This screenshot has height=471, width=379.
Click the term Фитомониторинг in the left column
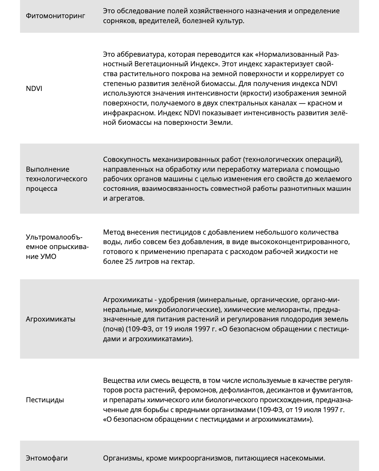55,16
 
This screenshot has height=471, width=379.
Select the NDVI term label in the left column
34,88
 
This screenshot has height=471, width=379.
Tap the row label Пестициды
45,400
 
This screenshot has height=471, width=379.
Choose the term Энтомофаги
47,458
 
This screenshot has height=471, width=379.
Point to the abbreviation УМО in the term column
48,256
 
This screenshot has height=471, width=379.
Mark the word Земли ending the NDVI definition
220,122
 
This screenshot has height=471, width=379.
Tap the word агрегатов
127,198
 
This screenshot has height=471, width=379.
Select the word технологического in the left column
57,179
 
